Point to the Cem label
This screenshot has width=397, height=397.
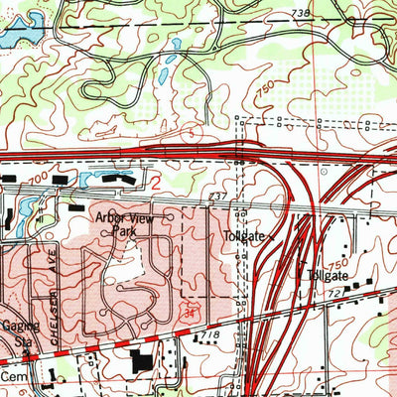(x=12, y=378)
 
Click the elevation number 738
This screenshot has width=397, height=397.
(x=302, y=11)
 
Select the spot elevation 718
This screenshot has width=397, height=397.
(x=208, y=338)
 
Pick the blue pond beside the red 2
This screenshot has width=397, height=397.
(x=108, y=179)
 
